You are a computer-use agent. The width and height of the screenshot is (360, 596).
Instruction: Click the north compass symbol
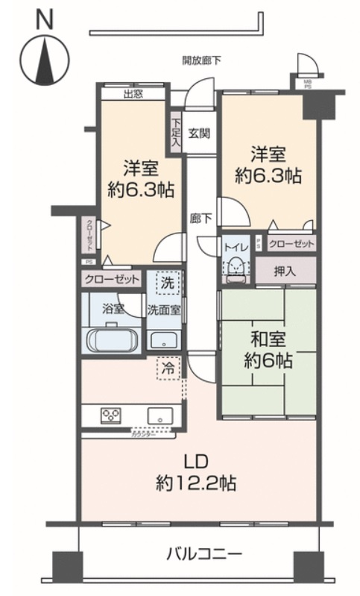point(44,56)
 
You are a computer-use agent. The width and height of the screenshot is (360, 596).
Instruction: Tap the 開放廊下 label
point(201,60)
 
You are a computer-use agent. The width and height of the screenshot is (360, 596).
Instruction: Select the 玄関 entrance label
point(198,134)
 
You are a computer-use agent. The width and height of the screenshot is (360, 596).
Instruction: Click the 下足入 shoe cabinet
point(176,133)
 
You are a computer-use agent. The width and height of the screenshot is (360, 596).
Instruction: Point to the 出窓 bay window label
point(133,94)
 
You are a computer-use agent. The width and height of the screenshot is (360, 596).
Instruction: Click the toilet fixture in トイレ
point(236,266)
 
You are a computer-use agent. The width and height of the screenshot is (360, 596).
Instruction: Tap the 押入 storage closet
point(284,270)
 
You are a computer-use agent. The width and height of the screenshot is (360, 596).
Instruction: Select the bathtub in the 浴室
point(112,340)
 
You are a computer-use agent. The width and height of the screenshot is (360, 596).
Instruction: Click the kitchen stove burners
point(111,416)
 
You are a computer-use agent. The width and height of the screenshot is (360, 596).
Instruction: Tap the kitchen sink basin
point(159,415)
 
